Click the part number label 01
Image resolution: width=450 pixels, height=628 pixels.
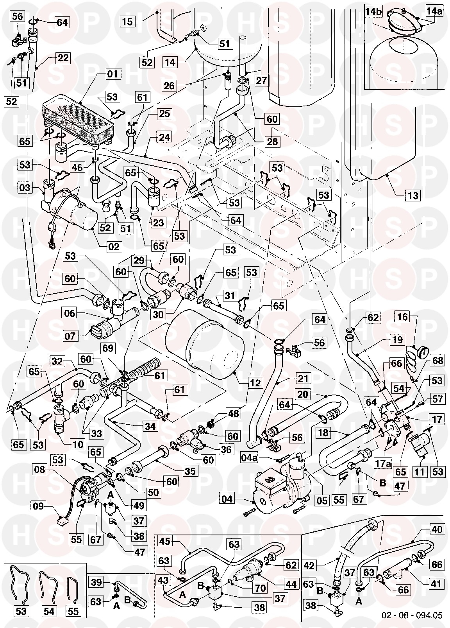pyautogui.click(x=112, y=74)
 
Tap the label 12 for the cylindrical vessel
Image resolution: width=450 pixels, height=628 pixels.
pyautogui.click(x=256, y=383)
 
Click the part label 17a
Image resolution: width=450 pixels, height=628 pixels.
pyautogui.click(x=383, y=464)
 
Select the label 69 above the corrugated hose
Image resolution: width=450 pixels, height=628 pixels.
pyautogui.click(x=110, y=348)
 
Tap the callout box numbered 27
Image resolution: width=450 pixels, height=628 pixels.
pyautogui.click(x=262, y=81)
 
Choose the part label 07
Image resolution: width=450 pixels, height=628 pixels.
pyautogui.click(x=71, y=335)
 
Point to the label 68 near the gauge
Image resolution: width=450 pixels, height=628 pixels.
pyautogui.click(x=438, y=360)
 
